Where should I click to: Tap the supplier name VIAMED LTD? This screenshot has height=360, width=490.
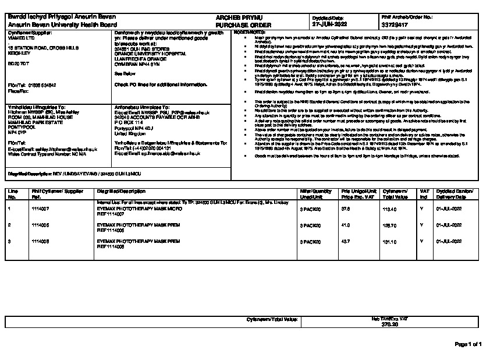20,38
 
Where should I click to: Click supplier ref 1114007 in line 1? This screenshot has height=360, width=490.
40,207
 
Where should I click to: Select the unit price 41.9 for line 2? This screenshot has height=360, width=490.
345,224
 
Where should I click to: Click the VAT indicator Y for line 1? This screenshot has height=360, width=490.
421,207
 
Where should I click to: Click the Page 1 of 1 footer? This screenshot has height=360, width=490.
467,345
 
